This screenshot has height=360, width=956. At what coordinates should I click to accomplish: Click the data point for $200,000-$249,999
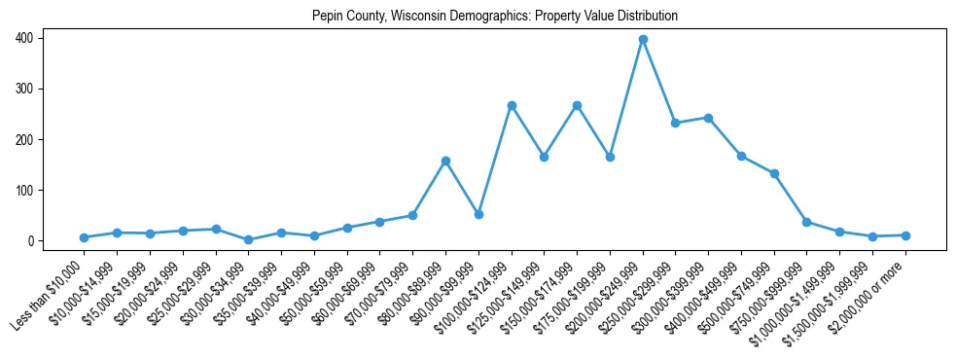(x=643, y=40)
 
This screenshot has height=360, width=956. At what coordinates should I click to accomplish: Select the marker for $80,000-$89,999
(x=445, y=161)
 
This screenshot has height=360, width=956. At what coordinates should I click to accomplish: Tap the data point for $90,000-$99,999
(x=478, y=214)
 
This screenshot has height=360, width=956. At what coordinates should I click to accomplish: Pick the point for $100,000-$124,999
(x=512, y=105)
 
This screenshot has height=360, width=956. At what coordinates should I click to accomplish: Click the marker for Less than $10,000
(x=84, y=237)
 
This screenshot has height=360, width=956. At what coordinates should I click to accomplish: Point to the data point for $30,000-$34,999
(x=248, y=239)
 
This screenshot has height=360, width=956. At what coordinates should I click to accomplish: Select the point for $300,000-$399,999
(x=708, y=118)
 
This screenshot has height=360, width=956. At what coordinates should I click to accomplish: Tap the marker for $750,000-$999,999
(x=807, y=222)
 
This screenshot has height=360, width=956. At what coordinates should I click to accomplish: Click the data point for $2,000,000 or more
(x=905, y=235)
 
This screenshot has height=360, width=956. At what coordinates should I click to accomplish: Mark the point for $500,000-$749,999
(x=774, y=173)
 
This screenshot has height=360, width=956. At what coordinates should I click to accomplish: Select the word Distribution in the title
(x=646, y=17)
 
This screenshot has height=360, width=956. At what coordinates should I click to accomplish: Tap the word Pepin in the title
(x=326, y=17)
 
